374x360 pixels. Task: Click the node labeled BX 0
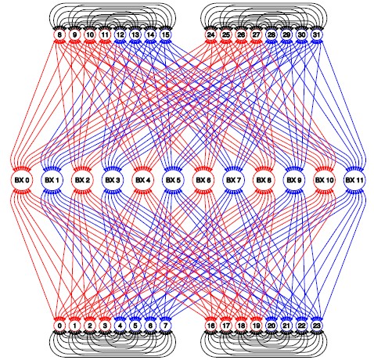pyautogui.click(x=22, y=180)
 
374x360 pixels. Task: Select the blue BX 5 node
pyautogui.click(x=173, y=180)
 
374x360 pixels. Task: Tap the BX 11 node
pyautogui.click(x=354, y=180)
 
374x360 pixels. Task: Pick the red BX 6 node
pyautogui.click(x=203, y=180)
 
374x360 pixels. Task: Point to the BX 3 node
pyautogui.click(x=112, y=180)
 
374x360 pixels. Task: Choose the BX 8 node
pyautogui.click(x=264, y=180)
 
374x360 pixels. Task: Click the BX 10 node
pyautogui.click(x=324, y=180)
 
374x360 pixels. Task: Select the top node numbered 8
pyautogui.click(x=59, y=34)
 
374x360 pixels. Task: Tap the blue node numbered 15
pyautogui.click(x=165, y=34)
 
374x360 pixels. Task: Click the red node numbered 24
pyautogui.click(x=210, y=34)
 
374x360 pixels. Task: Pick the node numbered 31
pyautogui.click(x=316, y=34)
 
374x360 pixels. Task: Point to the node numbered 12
pyautogui.click(x=120, y=34)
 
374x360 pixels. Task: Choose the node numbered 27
pyautogui.click(x=256, y=34)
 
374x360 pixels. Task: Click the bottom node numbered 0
pyautogui.click(x=59, y=326)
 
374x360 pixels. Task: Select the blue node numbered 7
pyautogui.click(x=165, y=326)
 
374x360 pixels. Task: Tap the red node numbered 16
pyautogui.click(x=210, y=326)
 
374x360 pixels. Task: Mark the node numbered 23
pyautogui.click(x=316, y=326)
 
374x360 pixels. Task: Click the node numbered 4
pyautogui.click(x=120, y=326)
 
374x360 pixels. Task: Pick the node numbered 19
pyautogui.click(x=256, y=326)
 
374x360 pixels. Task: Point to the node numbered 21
pyautogui.click(x=286, y=326)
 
